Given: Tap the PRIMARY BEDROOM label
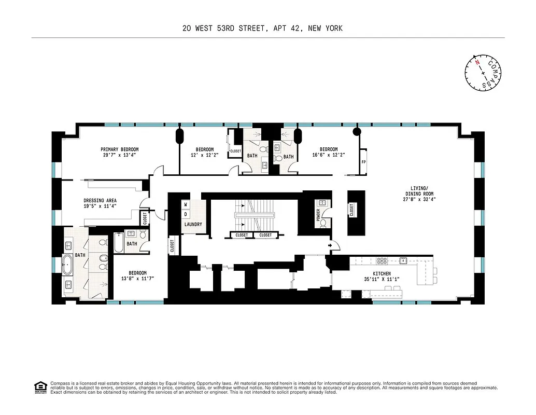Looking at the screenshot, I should pos(120,152).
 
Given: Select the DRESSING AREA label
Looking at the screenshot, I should pos(100,203).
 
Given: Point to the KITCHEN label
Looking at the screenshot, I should pos(382,276).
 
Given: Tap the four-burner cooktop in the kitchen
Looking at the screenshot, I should pos(382,260).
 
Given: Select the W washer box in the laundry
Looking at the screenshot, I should pos(185,204).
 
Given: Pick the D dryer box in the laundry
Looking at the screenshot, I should pos(185,214).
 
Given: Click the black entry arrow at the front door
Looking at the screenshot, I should pos(330,245).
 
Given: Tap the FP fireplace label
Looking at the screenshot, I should pos(363,162).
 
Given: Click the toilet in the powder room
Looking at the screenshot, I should pos(323,223).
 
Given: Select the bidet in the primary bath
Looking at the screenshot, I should pos(103,257).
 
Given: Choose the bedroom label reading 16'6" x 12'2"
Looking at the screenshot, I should pos(328,152).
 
